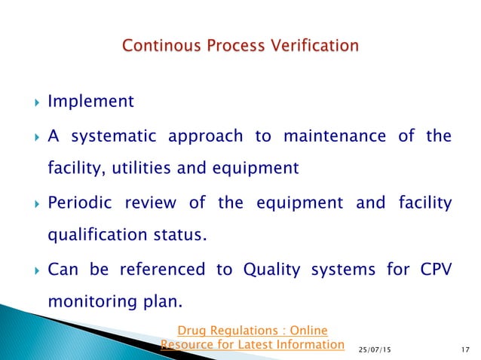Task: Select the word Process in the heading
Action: (x=234, y=47)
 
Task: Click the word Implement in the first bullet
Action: (x=90, y=101)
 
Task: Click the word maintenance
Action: (x=332, y=136)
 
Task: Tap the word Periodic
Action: (x=81, y=203)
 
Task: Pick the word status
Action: (x=179, y=235)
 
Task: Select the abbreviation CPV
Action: (x=431, y=269)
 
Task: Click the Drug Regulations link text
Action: (x=252, y=329)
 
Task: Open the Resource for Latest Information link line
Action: (x=252, y=345)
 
